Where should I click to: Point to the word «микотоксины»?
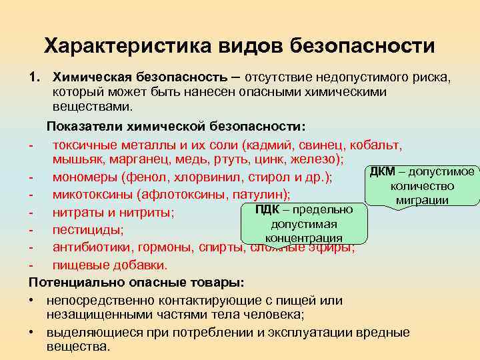pyautogui.click(x=92, y=195)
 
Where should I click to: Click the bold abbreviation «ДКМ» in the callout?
pyautogui.click(x=382, y=173)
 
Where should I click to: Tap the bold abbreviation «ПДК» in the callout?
pyautogui.click(x=268, y=211)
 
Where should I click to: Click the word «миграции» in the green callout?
pyautogui.click(x=421, y=200)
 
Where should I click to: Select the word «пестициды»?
pyautogui.click(x=83, y=230)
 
